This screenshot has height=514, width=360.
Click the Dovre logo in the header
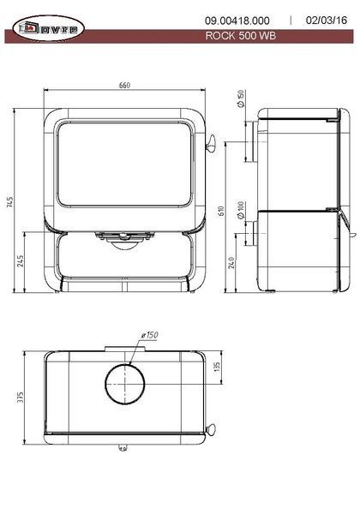(x=49, y=28)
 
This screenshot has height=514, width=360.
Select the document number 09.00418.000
(x=237, y=21)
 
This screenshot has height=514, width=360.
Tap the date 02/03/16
(x=327, y=21)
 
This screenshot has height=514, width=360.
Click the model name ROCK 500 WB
(x=241, y=36)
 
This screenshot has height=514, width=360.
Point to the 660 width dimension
(x=124, y=85)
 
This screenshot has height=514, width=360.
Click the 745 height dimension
(x=9, y=202)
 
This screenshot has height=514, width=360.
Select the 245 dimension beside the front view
(x=21, y=261)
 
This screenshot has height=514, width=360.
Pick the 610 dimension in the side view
(x=220, y=211)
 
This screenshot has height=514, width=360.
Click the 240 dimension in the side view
(x=231, y=263)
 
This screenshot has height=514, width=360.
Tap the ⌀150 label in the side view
(x=240, y=99)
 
